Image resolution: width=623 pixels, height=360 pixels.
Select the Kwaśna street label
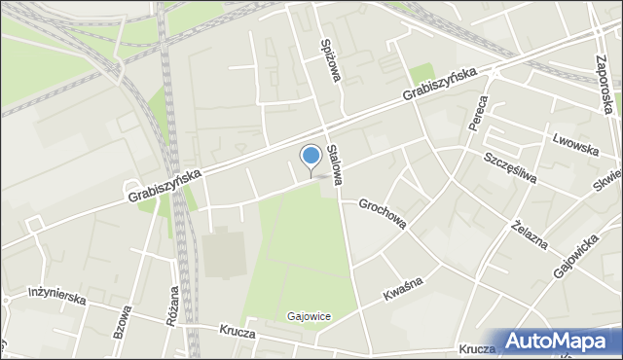[x=402, y=289]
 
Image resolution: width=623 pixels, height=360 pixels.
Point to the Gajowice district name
[x=310, y=316]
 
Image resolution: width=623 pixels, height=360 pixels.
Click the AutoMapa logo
[x=559, y=342]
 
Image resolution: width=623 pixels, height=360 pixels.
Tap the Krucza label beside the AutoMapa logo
[x=476, y=347]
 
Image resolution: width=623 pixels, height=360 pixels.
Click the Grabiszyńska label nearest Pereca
[x=440, y=87]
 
